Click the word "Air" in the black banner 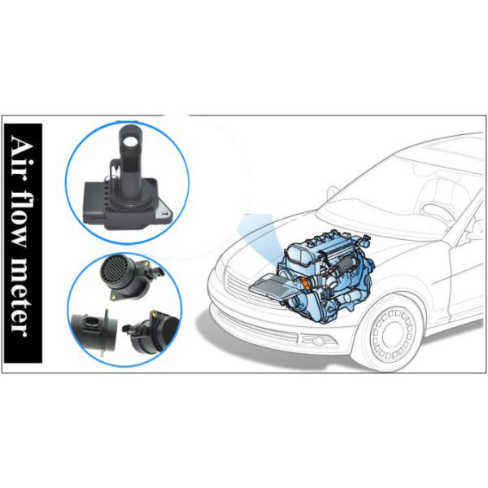23,155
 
